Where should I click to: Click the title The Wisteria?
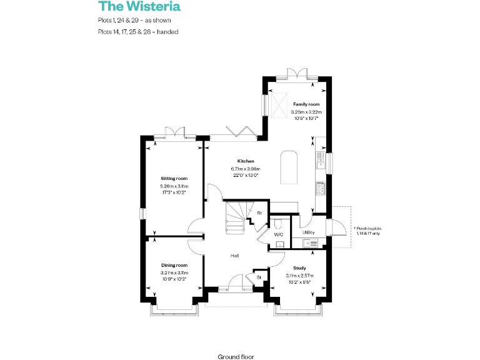coord(139,7)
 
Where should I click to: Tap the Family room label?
coord(306,104)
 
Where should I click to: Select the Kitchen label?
coord(245,161)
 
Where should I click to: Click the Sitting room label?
coord(174,179)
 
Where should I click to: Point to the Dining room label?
coord(174,266)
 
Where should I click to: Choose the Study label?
coord(299,267)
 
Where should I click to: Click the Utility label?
coord(308,232)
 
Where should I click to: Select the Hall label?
coord(234,256)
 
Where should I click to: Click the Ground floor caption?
coord(236,356)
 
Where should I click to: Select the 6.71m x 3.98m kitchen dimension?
coord(245,169)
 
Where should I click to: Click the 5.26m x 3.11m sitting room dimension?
coord(174,186)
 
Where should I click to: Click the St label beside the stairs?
coord(259,213)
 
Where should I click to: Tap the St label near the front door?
coord(257,276)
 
